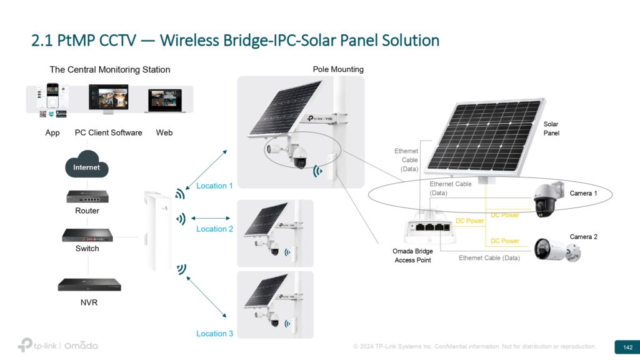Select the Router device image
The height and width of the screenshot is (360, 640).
(x=87, y=196)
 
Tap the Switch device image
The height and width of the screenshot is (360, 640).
(x=87, y=235)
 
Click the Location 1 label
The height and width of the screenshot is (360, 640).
(x=214, y=186)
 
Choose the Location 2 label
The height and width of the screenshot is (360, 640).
(x=214, y=229)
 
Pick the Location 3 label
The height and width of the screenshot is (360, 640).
(x=214, y=333)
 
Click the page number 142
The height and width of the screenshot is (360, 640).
(x=627, y=347)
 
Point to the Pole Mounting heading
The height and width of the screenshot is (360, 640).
(x=338, y=69)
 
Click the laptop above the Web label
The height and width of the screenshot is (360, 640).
(x=164, y=101)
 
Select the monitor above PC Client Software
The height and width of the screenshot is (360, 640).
(x=108, y=99)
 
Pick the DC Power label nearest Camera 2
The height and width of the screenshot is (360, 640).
(x=504, y=241)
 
